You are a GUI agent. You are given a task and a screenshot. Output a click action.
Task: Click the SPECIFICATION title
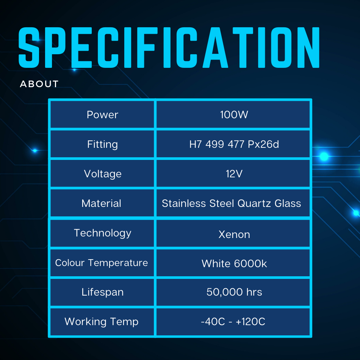[x=169, y=47]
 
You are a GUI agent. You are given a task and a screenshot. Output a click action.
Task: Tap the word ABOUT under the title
[x=39, y=84]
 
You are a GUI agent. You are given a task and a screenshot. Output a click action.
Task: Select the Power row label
[x=102, y=114]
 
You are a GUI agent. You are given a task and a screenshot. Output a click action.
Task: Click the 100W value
[x=234, y=114]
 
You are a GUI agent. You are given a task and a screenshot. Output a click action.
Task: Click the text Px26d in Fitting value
[x=263, y=144]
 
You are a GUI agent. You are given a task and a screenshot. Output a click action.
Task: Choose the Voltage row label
[x=103, y=174]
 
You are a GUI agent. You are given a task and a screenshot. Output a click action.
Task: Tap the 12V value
[x=234, y=174]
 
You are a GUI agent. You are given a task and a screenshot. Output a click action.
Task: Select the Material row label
[x=101, y=203]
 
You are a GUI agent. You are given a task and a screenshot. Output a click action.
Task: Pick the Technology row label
[x=102, y=233]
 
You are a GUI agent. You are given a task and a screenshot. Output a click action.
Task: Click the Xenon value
[x=234, y=235]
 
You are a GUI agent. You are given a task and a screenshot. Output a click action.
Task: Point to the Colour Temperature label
[x=102, y=263]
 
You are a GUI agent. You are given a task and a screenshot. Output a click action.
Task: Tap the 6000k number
[x=250, y=264]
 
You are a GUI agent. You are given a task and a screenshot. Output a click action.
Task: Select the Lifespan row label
[x=102, y=293]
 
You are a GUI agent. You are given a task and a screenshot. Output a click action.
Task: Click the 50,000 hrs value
[x=234, y=292]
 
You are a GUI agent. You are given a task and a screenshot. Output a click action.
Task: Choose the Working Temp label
[x=102, y=322]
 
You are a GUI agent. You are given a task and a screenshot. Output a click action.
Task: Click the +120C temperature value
[x=250, y=322]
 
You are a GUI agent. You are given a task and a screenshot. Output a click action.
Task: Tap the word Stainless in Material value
[x=184, y=203]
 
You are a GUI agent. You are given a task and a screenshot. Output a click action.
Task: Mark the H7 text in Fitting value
[x=196, y=144]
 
